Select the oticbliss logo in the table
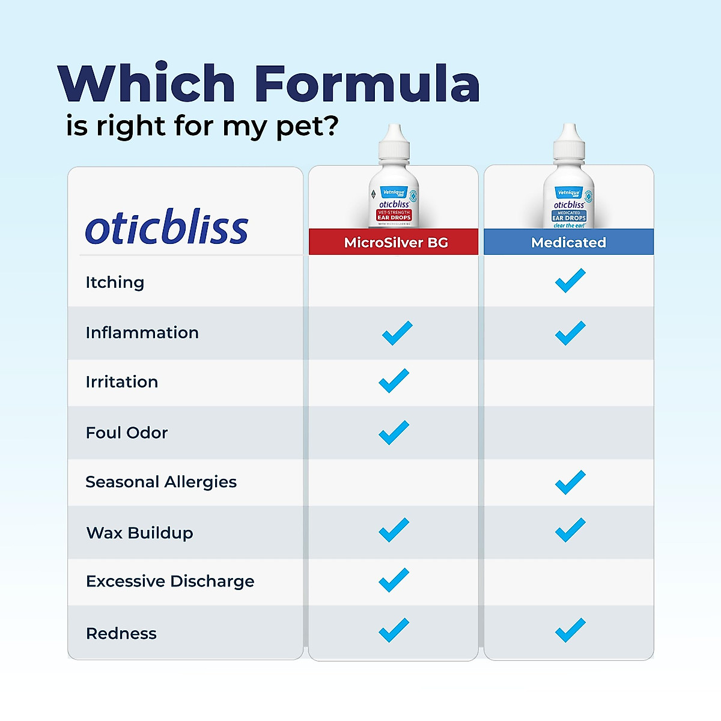[x=166, y=228]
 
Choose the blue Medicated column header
[x=568, y=242]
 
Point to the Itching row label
[x=115, y=282]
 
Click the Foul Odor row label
[x=127, y=433]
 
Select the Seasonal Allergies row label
[x=161, y=482]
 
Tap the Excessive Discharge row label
[x=170, y=581]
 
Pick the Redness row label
[x=121, y=633]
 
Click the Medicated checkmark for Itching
[x=570, y=281]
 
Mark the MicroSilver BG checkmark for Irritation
[x=394, y=381]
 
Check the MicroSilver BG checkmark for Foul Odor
[x=394, y=433]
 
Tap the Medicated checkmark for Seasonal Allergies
[x=570, y=482]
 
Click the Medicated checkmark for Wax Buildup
[x=570, y=530]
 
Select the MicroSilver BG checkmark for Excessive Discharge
[x=394, y=580]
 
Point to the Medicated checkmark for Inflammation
[x=570, y=333]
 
